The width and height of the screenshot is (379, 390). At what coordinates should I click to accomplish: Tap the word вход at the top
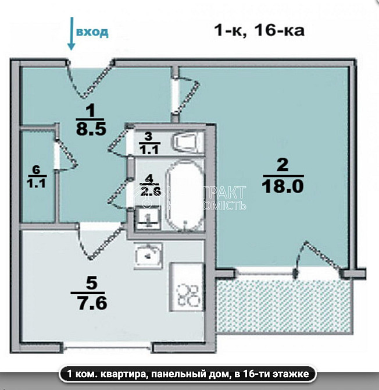pyautogui.click(x=92, y=31)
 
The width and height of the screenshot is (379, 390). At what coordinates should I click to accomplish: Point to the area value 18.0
pyautogui.click(x=283, y=187)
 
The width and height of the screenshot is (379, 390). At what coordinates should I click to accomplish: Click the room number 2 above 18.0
pyautogui.click(x=283, y=166)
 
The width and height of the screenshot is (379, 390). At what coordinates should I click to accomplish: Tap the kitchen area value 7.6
pyautogui.click(x=92, y=303)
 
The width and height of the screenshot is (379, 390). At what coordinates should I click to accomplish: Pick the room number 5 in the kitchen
pyautogui.click(x=91, y=283)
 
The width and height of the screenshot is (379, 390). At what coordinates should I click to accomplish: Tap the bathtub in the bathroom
pyautogui.click(x=184, y=195)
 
